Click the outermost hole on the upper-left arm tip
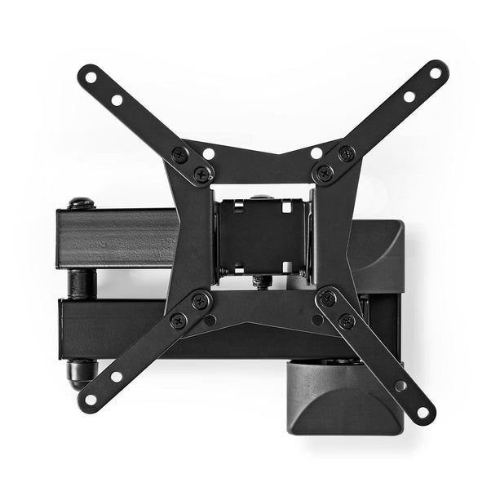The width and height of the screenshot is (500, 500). pos(91,77)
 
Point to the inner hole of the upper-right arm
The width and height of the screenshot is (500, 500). pos(409,96)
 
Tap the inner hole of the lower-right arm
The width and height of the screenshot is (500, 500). pos(400,385)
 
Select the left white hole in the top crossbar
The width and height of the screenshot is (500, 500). pos(209,153)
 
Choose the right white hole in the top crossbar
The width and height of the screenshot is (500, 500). pos(316,153)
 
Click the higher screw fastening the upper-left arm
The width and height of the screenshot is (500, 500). pos(179,153)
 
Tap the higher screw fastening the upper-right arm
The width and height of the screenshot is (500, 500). pos(347,153)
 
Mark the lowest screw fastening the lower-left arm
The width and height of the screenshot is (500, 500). pos(178,320)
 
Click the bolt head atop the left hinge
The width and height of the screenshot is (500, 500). pos(79,202)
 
